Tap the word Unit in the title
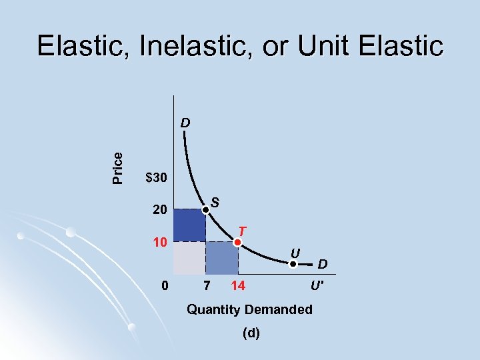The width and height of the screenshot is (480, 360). [317, 46]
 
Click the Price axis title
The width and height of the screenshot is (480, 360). [118, 167]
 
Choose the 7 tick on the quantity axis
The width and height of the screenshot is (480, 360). [207, 286]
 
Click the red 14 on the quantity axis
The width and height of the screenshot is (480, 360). [237, 286]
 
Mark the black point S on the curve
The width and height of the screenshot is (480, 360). [206, 209]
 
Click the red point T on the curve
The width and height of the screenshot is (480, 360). [238, 241]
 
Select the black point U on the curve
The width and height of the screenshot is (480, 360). [292, 264]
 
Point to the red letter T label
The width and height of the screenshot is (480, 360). [244, 231]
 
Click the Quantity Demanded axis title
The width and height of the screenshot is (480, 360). [249, 309]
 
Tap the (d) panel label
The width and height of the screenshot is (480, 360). [251, 333]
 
